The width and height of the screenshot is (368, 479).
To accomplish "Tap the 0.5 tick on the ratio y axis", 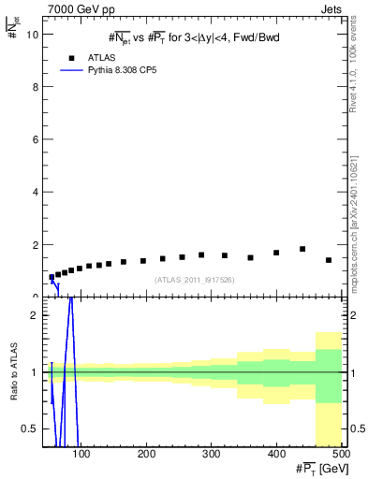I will click(x=31, y=428).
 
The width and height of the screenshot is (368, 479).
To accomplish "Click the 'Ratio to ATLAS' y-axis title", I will click(x=12, y=372).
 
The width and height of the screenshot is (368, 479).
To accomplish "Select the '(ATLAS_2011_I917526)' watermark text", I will click(x=195, y=280).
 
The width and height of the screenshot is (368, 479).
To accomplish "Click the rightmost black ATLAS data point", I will click(x=329, y=260).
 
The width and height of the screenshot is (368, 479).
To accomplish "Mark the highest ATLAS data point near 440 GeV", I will click(x=302, y=249).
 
